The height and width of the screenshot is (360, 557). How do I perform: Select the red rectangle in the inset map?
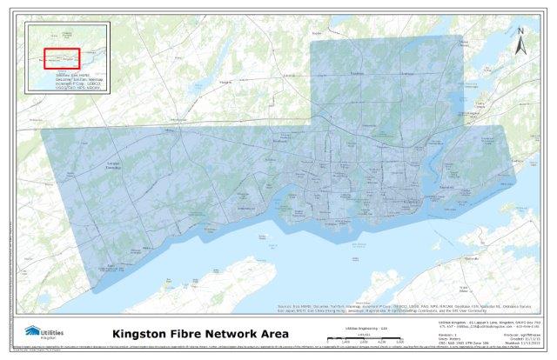(x=63, y=58)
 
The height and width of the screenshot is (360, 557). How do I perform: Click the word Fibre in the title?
(x=196, y=333)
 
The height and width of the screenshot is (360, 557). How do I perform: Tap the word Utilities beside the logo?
(x=55, y=331)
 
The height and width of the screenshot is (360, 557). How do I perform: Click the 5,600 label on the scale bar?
(x=396, y=343)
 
